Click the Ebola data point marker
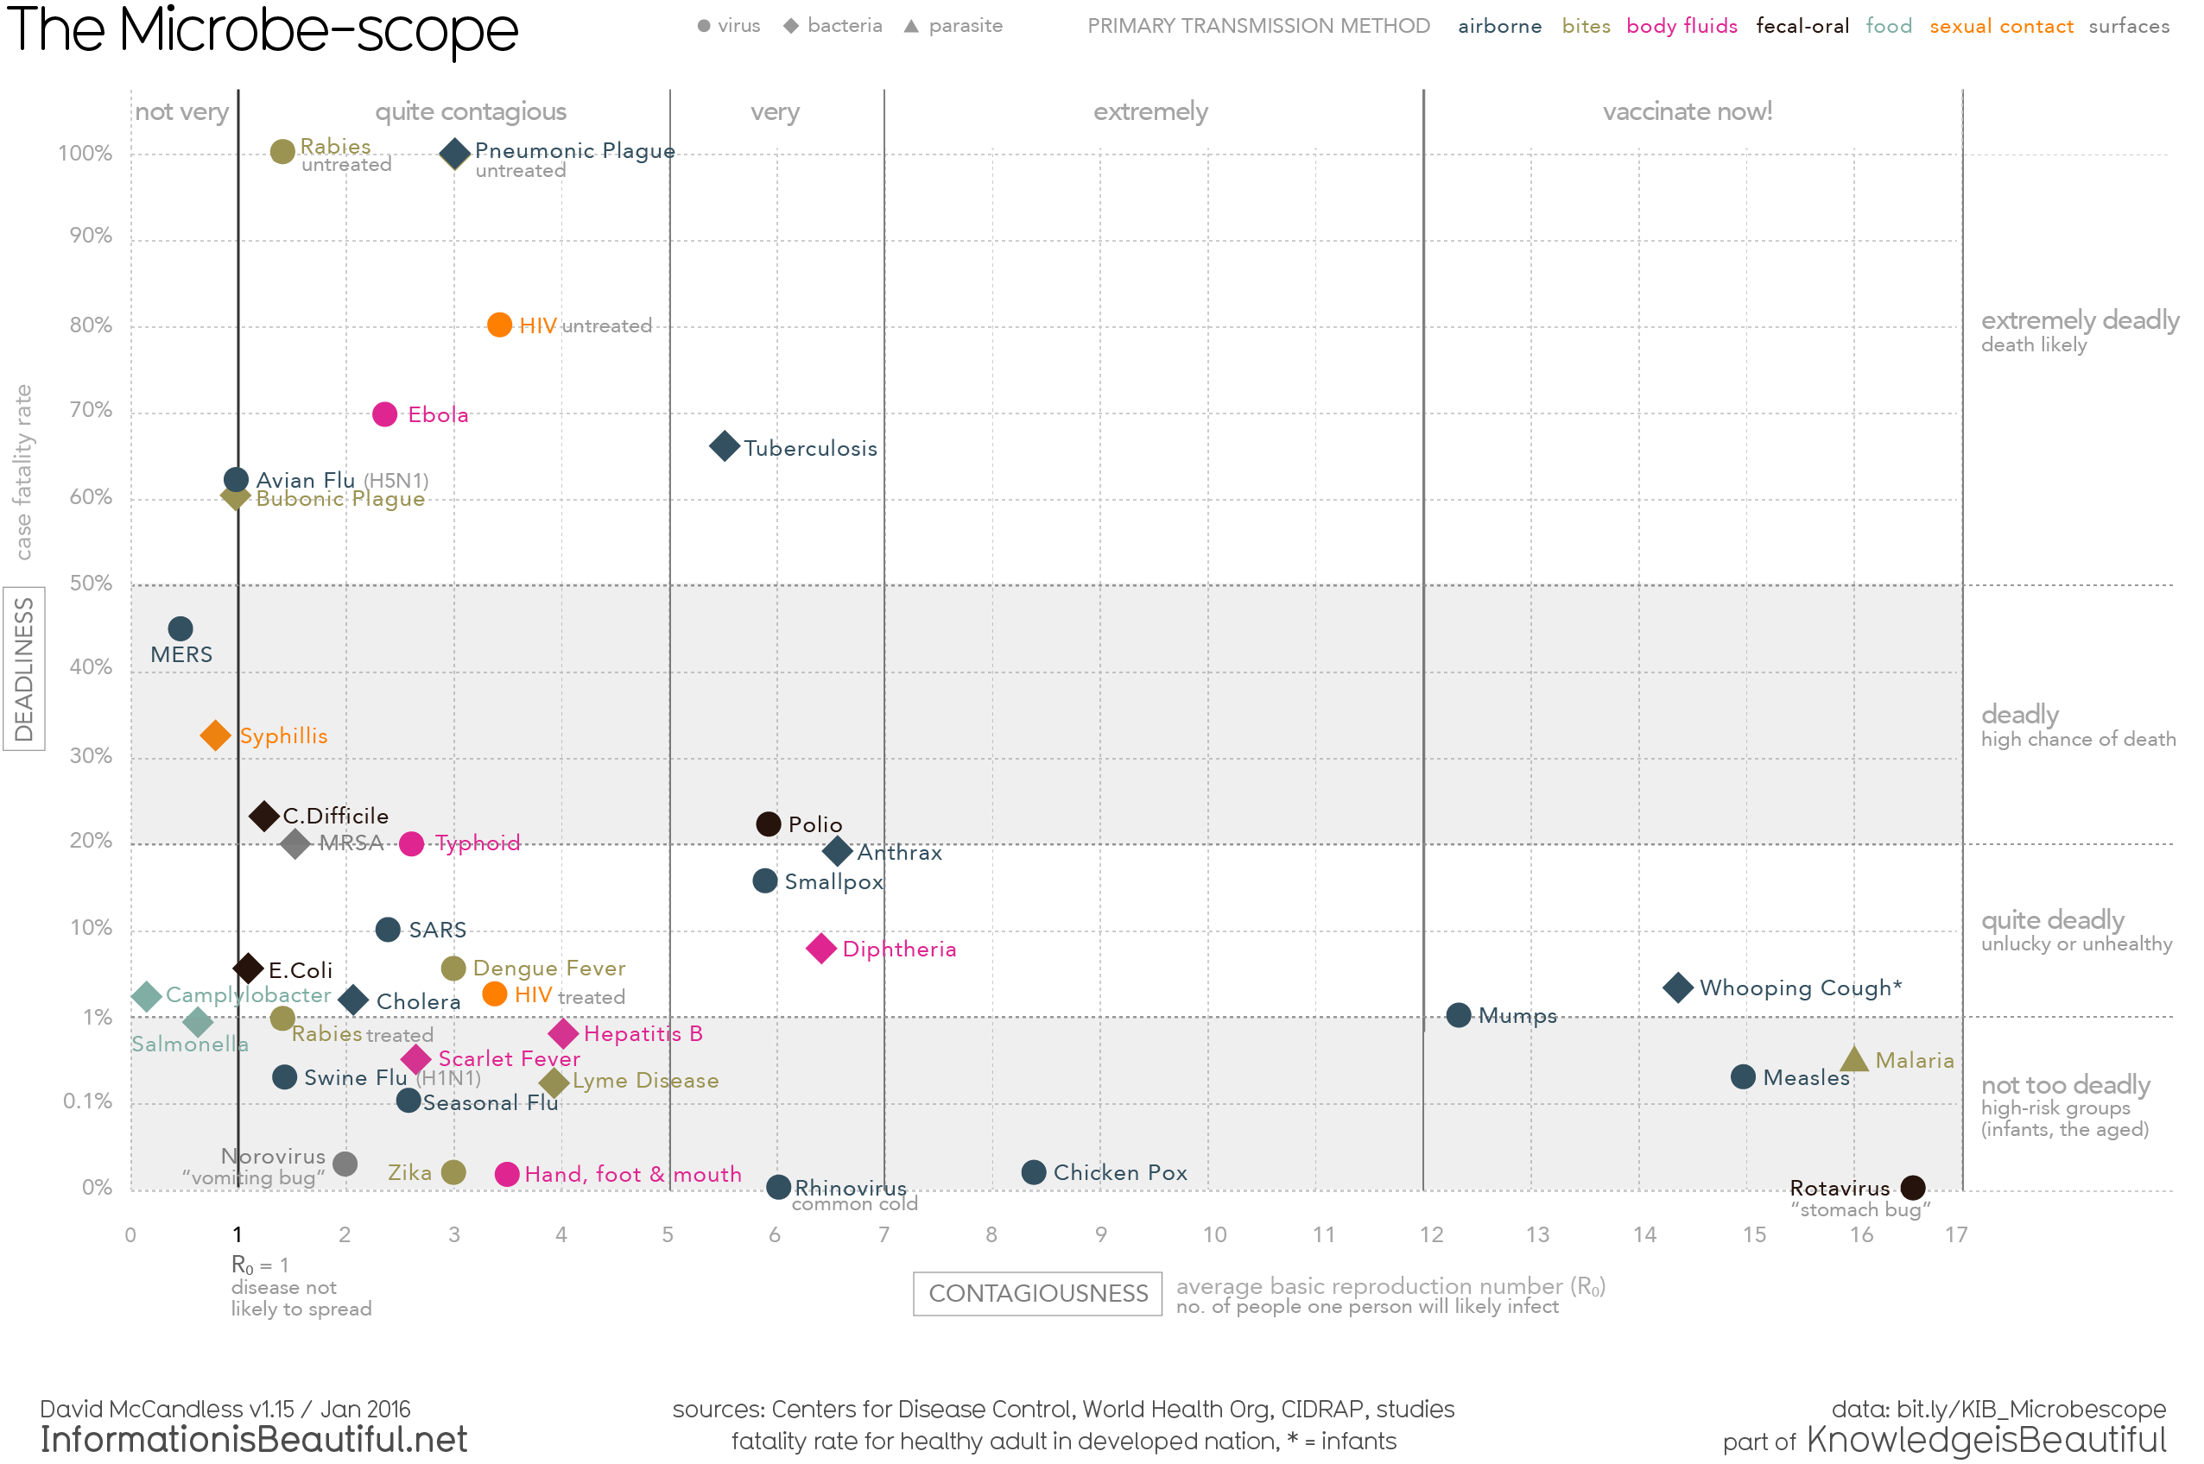385,413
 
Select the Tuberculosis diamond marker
724,446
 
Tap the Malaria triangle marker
1853,1060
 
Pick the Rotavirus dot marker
1913,1188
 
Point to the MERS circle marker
180,628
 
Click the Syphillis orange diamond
215,735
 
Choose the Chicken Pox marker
1033,1171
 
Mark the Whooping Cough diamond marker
1677,987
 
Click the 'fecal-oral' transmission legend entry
1802,26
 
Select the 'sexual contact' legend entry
2000,26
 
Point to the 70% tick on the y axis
91,409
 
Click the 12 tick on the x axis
1431,1234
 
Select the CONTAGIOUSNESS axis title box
1036,1293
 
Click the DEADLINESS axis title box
24,668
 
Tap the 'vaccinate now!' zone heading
1687,111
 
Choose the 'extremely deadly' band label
2080,320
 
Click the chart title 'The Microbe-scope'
262,30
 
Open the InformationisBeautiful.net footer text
253,1440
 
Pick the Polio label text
814,824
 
